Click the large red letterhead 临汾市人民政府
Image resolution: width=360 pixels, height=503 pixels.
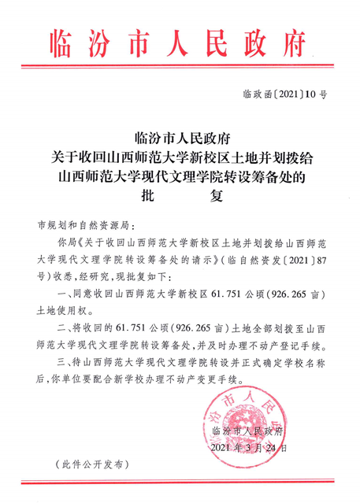(x=180, y=41)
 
